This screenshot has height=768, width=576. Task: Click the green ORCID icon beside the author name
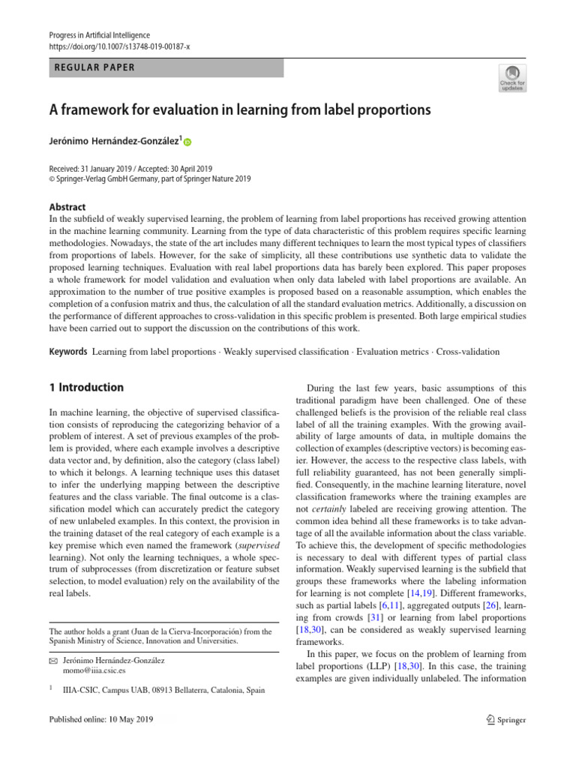point(187,141)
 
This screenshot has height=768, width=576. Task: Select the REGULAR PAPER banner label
point(95,67)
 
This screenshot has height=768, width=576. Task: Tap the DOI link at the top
point(119,46)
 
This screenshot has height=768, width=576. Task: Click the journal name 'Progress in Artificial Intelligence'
point(100,35)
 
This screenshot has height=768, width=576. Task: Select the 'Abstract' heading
point(67,207)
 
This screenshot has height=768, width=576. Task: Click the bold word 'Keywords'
point(67,351)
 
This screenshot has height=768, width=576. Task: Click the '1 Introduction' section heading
point(85,388)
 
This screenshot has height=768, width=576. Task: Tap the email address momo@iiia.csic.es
point(94,672)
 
